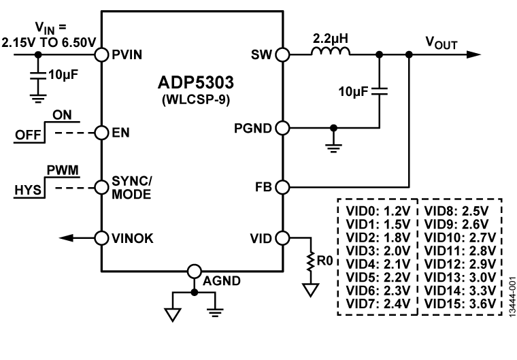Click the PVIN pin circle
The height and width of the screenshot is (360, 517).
[x=101, y=54]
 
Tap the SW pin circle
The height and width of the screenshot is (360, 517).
[x=282, y=54]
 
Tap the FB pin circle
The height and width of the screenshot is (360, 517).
[x=282, y=186]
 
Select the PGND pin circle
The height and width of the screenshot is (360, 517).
[x=282, y=127]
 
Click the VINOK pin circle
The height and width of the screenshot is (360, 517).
[x=101, y=238]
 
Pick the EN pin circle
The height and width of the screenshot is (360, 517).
[x=101, y=132]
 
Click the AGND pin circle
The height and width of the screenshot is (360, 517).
[x=194, y=270]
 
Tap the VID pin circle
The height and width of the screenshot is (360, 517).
[x=282, y=238]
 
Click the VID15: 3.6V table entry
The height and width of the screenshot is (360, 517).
[x=460, y=303]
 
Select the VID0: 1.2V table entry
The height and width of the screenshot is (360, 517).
[x=378, y=208]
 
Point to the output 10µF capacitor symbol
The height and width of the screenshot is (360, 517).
[x=380, y=92]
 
